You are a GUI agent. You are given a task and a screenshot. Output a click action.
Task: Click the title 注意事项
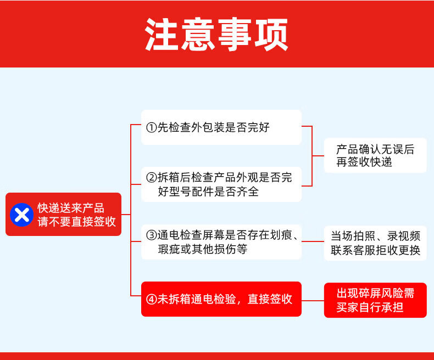coord(217,34)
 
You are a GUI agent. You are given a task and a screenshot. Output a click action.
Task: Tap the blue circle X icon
coord(22,215)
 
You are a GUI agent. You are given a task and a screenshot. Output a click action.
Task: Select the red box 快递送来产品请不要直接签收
coord(64,215)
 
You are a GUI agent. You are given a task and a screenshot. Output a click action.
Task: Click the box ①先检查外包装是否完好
coord(221,127)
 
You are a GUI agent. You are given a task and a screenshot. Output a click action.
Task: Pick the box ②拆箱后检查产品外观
coord(221,184)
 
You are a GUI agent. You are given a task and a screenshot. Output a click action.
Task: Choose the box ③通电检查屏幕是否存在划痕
coord(221,242)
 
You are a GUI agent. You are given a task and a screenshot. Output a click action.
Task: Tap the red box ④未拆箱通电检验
coord(221,299)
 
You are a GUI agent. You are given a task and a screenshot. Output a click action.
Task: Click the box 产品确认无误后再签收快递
coord(375,155)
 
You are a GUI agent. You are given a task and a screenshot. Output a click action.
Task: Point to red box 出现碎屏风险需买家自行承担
coord(375,300)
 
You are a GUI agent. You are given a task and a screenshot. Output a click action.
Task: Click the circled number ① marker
coord(152,128)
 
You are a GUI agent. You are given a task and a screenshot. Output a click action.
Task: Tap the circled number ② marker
coord(152,178)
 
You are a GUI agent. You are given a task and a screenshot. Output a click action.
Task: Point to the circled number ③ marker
coord(152,235)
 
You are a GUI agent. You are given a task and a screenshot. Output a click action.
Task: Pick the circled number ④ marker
coord(152,299)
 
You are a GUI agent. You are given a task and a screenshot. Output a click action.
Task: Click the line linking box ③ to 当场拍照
coord(313,241)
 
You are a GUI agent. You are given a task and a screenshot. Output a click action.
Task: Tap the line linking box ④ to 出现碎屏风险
coord(313,300)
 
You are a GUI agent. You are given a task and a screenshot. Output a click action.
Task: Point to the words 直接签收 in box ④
coord(270,299)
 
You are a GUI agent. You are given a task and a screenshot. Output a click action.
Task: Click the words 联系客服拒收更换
coord(375,250)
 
